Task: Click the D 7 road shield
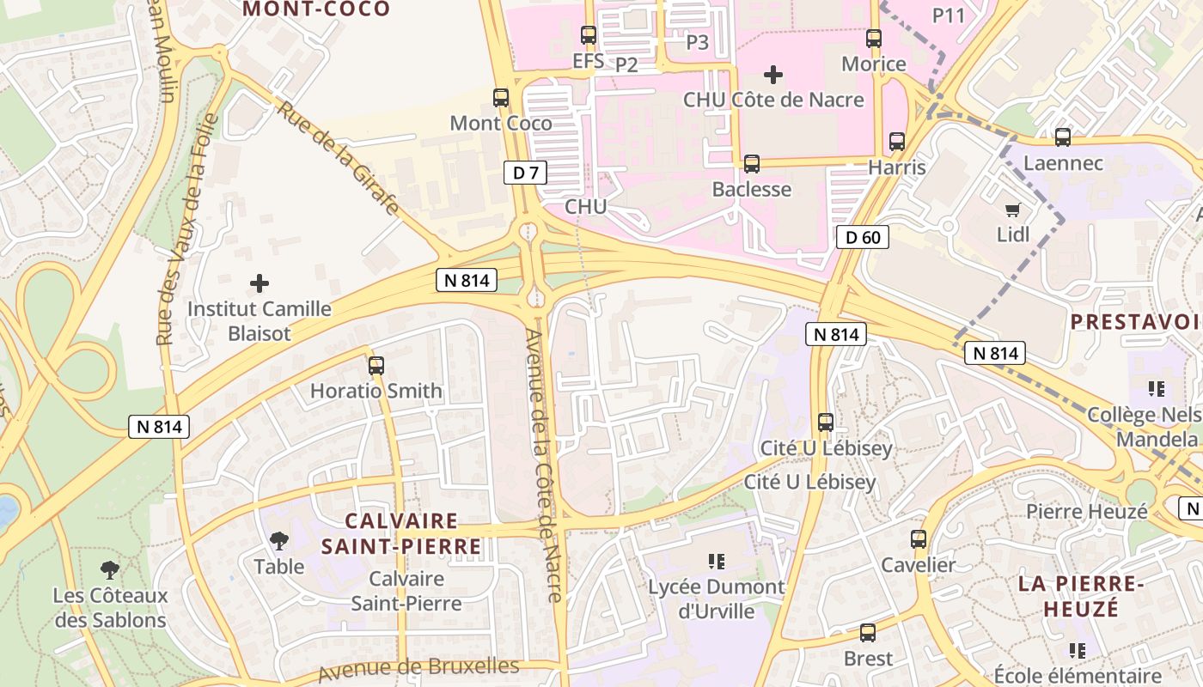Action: coord(525,173)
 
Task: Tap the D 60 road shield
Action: coord(863,237)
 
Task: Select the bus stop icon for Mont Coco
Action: coord(501,98)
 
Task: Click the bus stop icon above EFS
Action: coord(589,35)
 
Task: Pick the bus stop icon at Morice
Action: coord(874,38)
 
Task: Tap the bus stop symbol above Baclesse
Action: coord(752,163)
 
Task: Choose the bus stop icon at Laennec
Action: coord(1063,137)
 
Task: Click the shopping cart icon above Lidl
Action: coord(1012,210)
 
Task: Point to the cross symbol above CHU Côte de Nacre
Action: coord(773,75)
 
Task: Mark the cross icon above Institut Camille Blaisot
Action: coord(260,283)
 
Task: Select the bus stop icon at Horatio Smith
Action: coord(376,366)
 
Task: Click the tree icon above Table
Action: coord(278,541)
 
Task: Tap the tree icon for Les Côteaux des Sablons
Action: coord(109,569)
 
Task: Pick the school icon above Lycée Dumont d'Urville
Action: coord(716,562)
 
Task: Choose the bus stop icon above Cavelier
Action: coord(919,539)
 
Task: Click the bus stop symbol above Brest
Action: coord(868,633)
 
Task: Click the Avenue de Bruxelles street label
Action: coord(418,669)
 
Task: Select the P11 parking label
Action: coord(950,15)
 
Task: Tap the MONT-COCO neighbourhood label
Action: coord(316,9)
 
